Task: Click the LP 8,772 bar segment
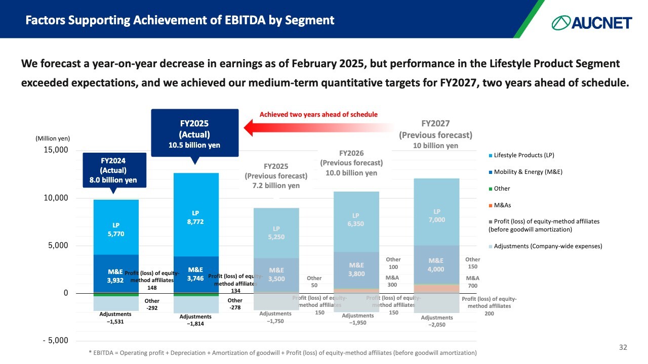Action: [x=196, y=215]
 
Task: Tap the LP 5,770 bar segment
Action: [x=116, y=227]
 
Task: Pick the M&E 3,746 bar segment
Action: [x=196, y=275]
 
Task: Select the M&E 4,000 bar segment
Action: [x=436, y=264]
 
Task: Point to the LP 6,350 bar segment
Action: [x=356, y=220]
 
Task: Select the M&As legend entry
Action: [x=503, y=205]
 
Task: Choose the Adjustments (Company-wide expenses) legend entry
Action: [x=548, y=246]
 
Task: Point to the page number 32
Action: [x=623, y=347]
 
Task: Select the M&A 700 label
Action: [x=472, y=282]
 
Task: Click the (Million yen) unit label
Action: [x=53, y=138]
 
